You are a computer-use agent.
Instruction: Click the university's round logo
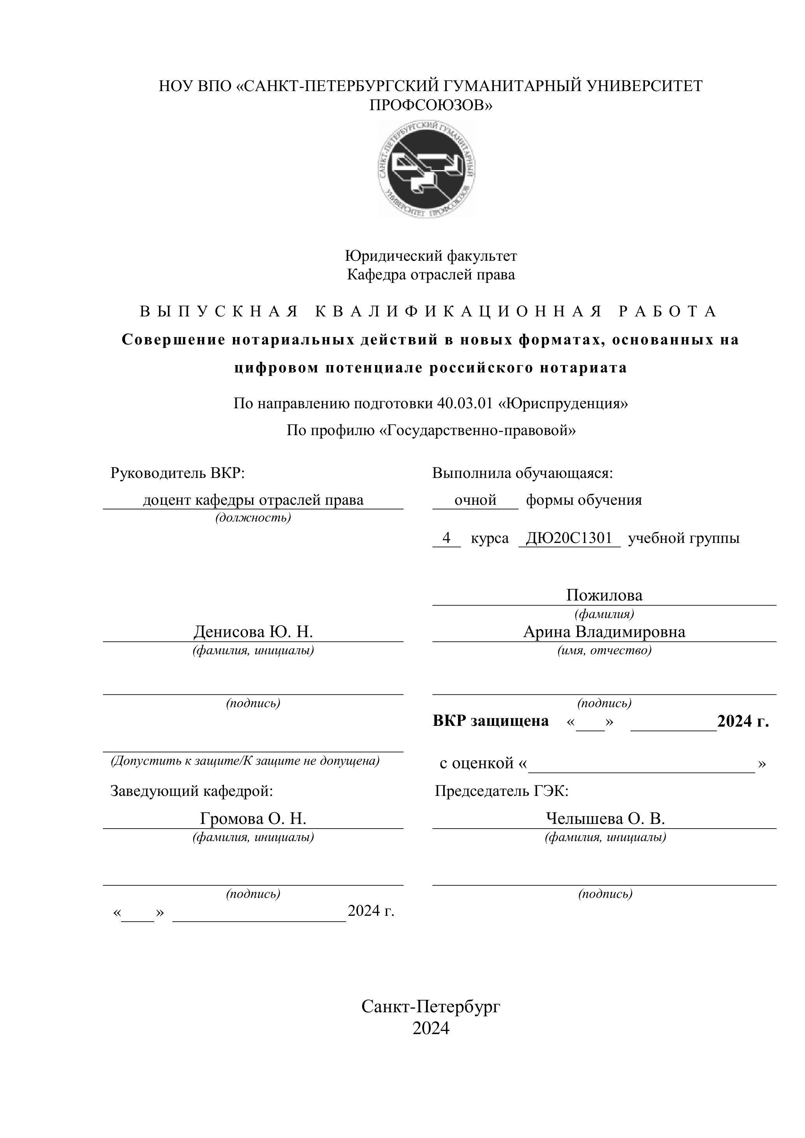point(427,170)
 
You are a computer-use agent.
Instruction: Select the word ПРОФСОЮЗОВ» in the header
point(430,105)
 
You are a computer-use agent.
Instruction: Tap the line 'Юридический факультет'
point(430,256)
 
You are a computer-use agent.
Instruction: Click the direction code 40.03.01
point(464,404)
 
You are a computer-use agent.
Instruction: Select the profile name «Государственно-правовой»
point(477,430)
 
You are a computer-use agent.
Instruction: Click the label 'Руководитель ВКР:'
point(178,473)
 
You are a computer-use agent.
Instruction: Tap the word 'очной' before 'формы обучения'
point(475,500)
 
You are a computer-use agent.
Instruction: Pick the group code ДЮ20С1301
point(569,538)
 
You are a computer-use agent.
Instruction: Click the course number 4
point(446,538)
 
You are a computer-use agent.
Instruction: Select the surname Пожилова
point(604,595)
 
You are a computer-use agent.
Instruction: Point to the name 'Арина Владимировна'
point(604,632)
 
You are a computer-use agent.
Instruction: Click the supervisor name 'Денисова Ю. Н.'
point(253,632)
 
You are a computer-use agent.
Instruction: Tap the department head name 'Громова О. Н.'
point(253,818)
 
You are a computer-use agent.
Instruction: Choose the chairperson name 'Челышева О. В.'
point(605,818)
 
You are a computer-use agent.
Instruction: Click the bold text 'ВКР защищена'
point(491,721)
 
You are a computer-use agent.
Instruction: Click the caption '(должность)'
point(253,518)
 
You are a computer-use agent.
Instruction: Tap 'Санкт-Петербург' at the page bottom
point(430,1007)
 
